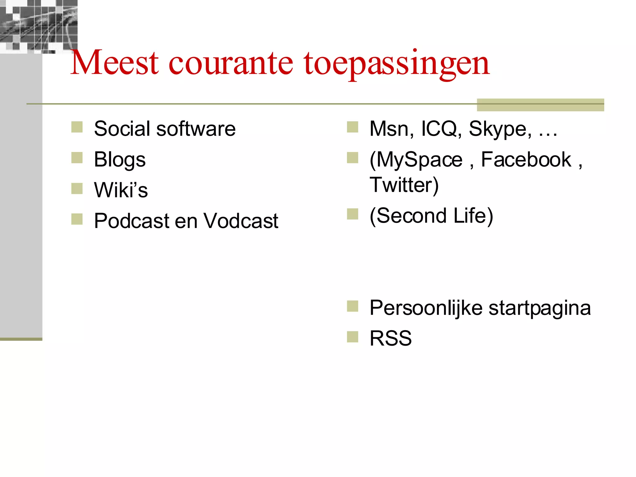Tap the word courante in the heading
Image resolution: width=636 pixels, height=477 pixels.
(x=230, y=64)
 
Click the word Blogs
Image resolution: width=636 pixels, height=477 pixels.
(x=120, y=160)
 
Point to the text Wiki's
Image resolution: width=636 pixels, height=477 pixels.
(x=121, y=190)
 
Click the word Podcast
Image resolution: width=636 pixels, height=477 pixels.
(x=132, y=221)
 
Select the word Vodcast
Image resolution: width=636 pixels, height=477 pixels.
(x=241, y=221)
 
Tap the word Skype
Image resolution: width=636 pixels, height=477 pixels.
(x=500, y=129)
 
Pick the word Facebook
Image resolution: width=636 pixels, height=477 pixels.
(x=526, y=160)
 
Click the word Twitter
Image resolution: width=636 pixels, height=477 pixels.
(x=404, y=185)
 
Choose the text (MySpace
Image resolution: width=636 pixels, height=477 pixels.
(x=416, y=160)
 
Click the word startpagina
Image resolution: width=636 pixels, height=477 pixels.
(x=539, y=308)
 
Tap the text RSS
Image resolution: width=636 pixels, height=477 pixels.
(x=390, y=338)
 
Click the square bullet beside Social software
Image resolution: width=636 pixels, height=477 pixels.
(x=77, y=127)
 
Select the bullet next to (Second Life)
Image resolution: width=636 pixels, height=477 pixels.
(x=352, y=214)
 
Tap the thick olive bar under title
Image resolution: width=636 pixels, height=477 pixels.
(x=540, y=105)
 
